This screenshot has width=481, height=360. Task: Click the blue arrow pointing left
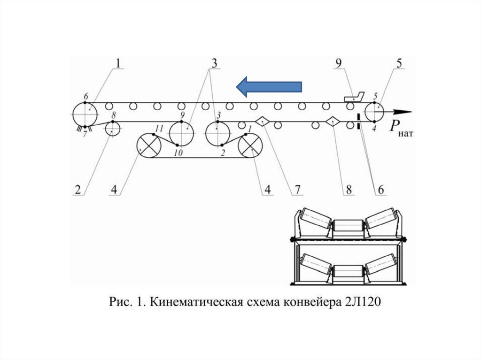tap(269, 86)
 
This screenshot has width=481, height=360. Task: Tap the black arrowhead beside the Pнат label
tap(403, 112)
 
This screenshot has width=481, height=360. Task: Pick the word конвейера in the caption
tap(309, 302)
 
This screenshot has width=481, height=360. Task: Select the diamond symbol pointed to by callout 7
tap(264, 121)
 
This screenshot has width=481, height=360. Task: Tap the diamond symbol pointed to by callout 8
tap(333, 122)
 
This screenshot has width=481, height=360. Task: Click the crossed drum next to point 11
tap(149, 145)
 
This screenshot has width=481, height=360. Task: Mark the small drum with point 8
tap(112, 127)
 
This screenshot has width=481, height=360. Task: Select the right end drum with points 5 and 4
tap(374, 113)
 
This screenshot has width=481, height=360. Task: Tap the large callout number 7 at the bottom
tap(297, 189)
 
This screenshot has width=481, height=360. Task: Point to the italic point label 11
tap(159, 127)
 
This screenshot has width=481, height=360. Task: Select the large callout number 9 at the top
tap(338, 63)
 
